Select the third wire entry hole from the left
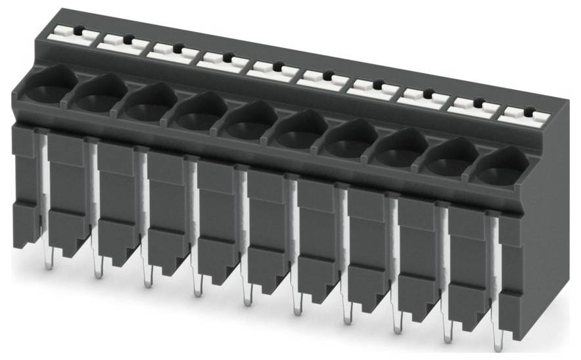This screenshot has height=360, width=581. (x=145, y=109)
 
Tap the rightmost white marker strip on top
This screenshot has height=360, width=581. (x=523, y=115)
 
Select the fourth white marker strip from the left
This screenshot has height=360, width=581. (x=221, y=60)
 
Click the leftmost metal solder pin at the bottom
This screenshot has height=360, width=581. (x=47, y=262)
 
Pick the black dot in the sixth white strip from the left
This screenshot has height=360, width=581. (x=327, y=76)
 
